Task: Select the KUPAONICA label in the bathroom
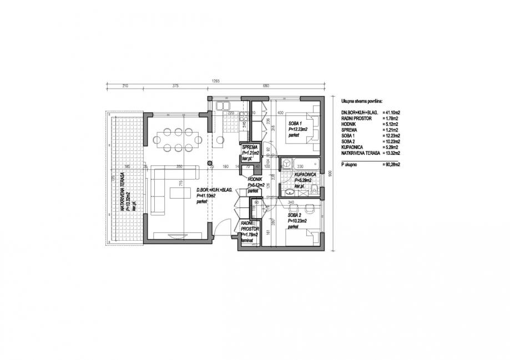(305, 175)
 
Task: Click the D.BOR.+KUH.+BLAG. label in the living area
(214, 191)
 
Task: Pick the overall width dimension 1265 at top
(215, 82)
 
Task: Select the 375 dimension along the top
(175, 87)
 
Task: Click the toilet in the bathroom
(314, 191)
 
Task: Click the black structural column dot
(210, 164)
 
